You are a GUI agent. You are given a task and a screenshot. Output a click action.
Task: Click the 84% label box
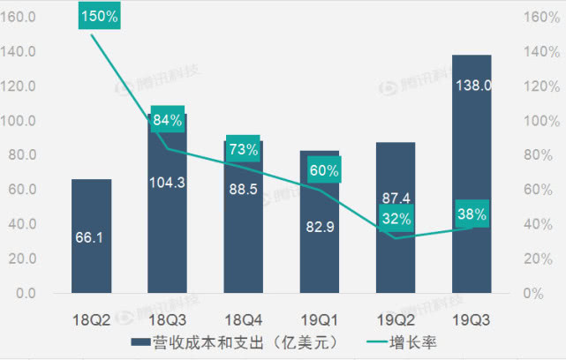(x=167, y=120)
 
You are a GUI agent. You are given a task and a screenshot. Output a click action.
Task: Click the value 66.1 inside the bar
(x=92, y=237)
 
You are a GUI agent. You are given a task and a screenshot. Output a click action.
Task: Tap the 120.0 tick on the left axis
(x=20, y=86)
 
